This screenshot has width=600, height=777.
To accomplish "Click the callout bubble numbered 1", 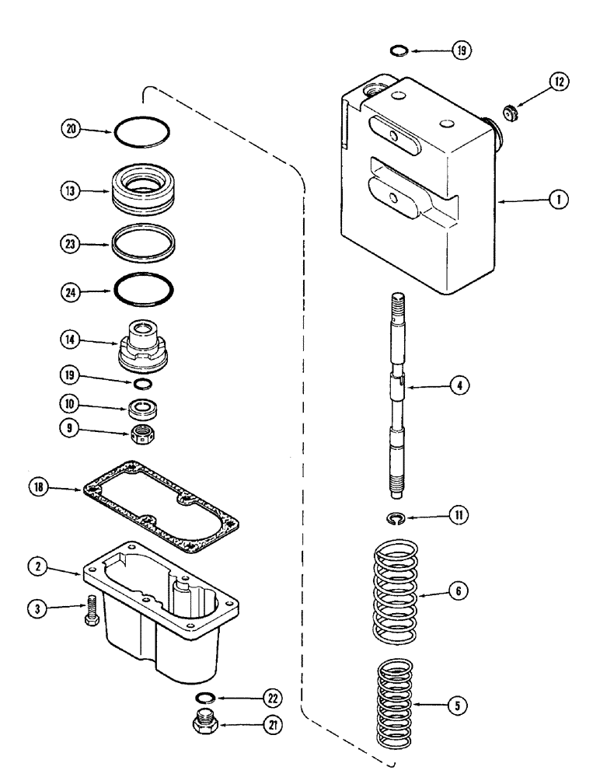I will pyautogui.click(x=558, y=200).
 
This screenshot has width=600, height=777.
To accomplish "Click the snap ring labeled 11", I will pyautogui.click(x=397, y=518).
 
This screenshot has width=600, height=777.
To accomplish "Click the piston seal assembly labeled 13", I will pyautogui.click(x=144, y=191).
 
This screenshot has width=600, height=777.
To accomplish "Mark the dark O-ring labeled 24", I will pyautogui.click(x=144, y=291).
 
